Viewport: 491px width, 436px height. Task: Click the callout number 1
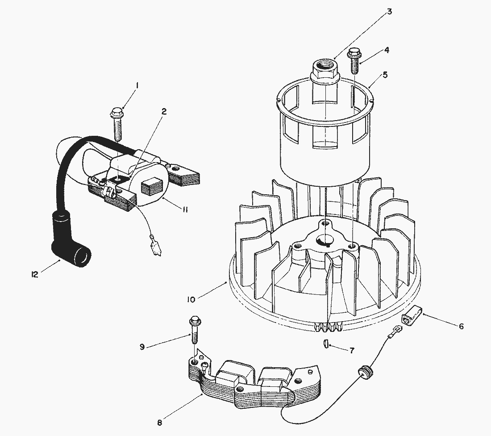pos(137,86)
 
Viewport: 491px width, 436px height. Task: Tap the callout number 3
pos(389,12)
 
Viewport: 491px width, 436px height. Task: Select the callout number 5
pos(385,75)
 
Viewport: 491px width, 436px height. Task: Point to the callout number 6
pos(461,326)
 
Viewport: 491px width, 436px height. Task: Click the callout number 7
pos(352,350)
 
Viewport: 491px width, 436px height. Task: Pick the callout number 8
pos(160,423)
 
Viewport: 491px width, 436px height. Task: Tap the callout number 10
pos(191,300)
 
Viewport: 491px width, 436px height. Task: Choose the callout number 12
pos(34,275)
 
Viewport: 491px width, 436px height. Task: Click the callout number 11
pos(185,210)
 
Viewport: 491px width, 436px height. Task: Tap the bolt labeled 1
pos(117,124)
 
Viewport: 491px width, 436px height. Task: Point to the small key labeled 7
pos(325,344)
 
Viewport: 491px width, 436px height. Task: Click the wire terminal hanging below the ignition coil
pos(155,246)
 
